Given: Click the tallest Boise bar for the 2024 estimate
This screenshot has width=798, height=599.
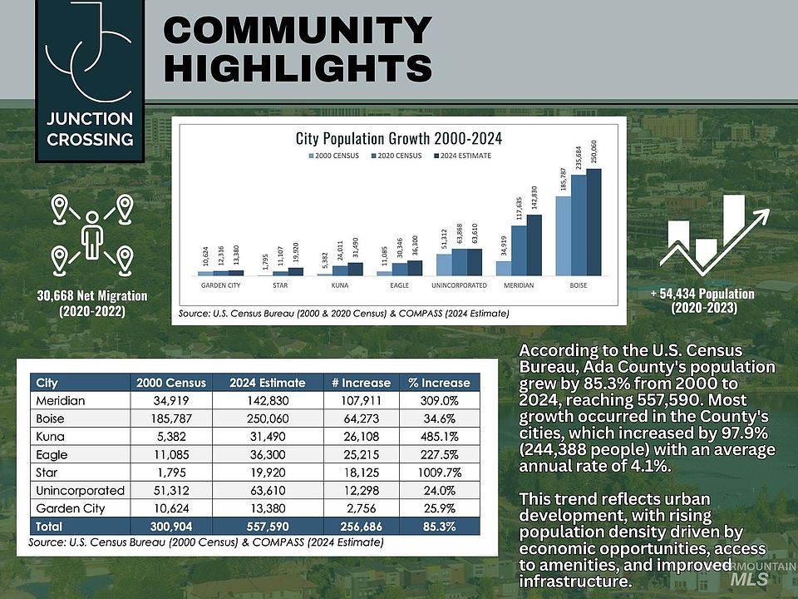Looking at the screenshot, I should tap(594, 222).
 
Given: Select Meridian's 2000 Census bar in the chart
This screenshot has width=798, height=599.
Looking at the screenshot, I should tap(504, 268).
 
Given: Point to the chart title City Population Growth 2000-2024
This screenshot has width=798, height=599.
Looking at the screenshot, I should tap(399, 137).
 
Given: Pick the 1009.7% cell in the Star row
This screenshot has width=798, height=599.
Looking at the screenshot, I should tap(439, 473).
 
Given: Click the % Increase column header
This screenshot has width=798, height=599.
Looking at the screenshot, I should tap(439, 383).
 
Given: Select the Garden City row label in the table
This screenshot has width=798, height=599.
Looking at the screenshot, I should tap(71, 508).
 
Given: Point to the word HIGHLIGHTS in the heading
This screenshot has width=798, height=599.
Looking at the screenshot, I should tap(298, 67).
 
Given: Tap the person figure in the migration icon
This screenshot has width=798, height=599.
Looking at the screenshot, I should tap(91, 234).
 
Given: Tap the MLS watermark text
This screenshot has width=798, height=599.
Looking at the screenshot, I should tap(750, 579).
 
